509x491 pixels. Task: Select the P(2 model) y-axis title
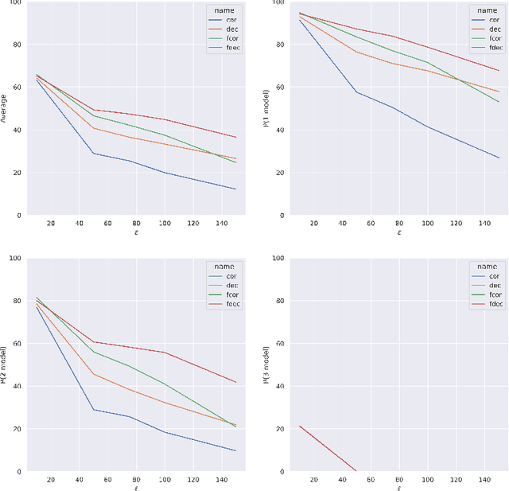(4, 365)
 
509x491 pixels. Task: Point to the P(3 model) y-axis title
(265, 365)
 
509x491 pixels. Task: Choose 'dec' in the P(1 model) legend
(495, 29)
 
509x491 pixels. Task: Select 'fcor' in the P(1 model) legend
(495, 38)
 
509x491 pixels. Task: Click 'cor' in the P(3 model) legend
(495, 275)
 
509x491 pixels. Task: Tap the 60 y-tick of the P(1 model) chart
(276, 88)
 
